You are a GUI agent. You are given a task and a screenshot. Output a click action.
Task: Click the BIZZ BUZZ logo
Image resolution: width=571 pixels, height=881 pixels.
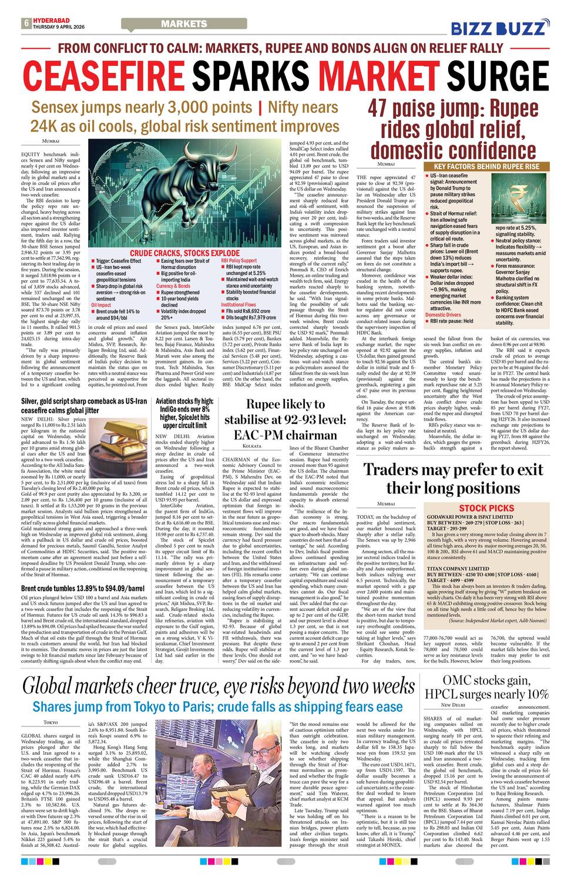coord(500,27)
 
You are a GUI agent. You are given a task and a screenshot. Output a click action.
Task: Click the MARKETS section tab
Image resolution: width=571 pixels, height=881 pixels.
coord(184,23)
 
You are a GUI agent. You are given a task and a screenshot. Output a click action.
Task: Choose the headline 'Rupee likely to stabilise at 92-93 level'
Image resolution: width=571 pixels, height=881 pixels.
coord(285,419)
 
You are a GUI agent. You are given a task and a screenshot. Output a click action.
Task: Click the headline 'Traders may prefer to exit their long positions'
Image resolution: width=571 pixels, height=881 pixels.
coord(453,478)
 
